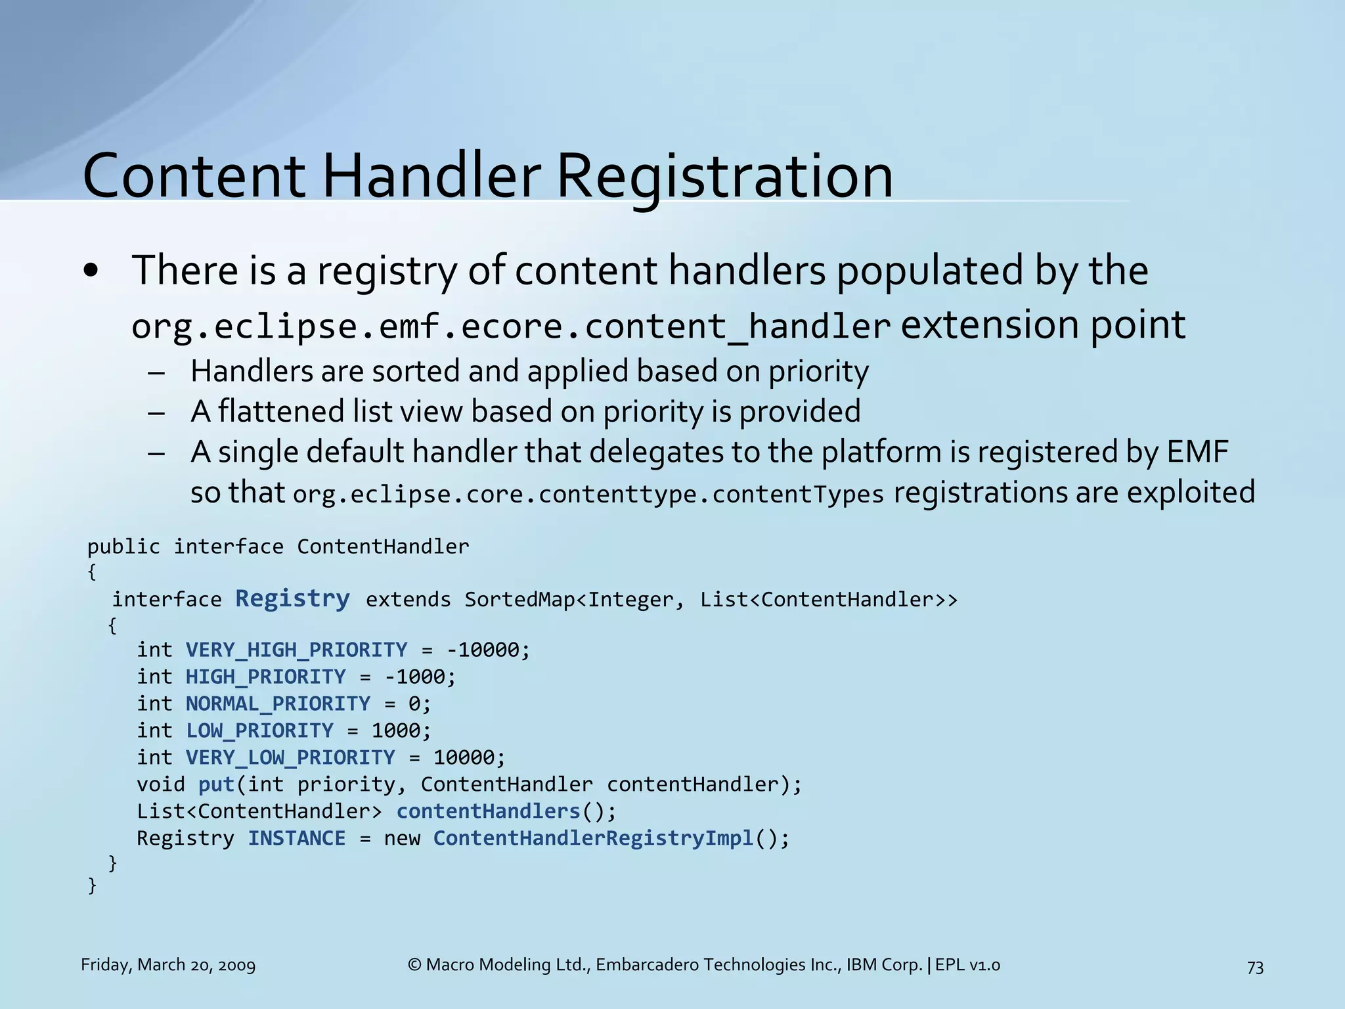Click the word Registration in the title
724,176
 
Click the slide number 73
1254,967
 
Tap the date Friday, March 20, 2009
168,965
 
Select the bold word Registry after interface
292,598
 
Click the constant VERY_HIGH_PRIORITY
296,650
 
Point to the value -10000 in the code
483,650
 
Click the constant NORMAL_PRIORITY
278,704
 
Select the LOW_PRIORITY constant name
259,730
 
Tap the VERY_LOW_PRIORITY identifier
290,757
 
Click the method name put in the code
216,784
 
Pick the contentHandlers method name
489,811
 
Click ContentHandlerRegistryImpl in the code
593,838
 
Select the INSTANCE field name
296,838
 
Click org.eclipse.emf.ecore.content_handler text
510,326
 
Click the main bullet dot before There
91,271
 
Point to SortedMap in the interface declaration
519,600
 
